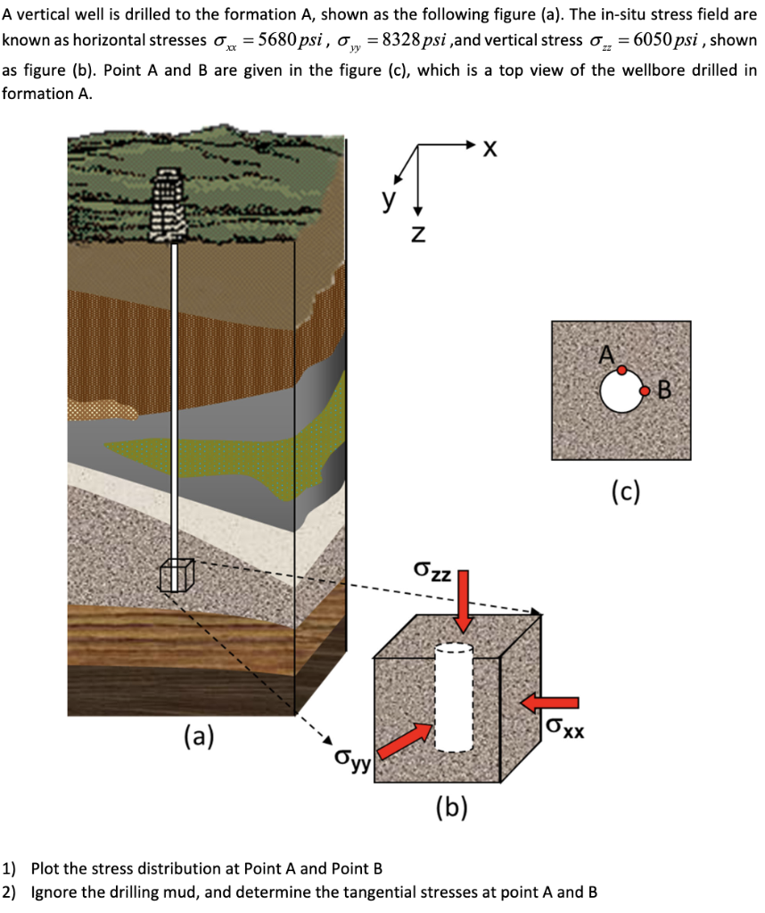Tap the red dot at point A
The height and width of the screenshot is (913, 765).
tap(621, 369)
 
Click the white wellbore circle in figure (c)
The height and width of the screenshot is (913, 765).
tap(621, 391)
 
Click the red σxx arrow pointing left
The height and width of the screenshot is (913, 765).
tap(544, 703)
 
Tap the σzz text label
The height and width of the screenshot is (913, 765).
tap(433, 570)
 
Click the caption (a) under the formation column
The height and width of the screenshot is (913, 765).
tap(199, 737)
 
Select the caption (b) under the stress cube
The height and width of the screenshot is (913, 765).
tap(452, 807)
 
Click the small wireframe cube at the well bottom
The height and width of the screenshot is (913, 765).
tap(176, 575)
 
